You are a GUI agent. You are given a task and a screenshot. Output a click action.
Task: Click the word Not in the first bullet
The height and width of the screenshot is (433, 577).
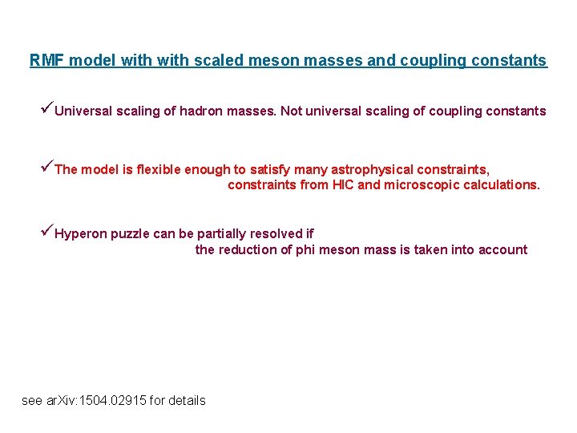(291, 111)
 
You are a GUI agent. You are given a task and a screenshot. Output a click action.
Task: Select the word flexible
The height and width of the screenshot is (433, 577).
(159, 169)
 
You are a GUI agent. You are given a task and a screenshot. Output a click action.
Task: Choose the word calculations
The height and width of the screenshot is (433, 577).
(502, 184)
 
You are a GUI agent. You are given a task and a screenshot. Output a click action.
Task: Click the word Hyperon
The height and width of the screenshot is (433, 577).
(80, 234)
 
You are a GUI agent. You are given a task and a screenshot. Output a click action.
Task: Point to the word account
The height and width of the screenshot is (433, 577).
(502, 249)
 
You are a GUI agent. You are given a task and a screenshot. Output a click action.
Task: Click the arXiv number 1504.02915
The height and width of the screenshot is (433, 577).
(118, 400)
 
